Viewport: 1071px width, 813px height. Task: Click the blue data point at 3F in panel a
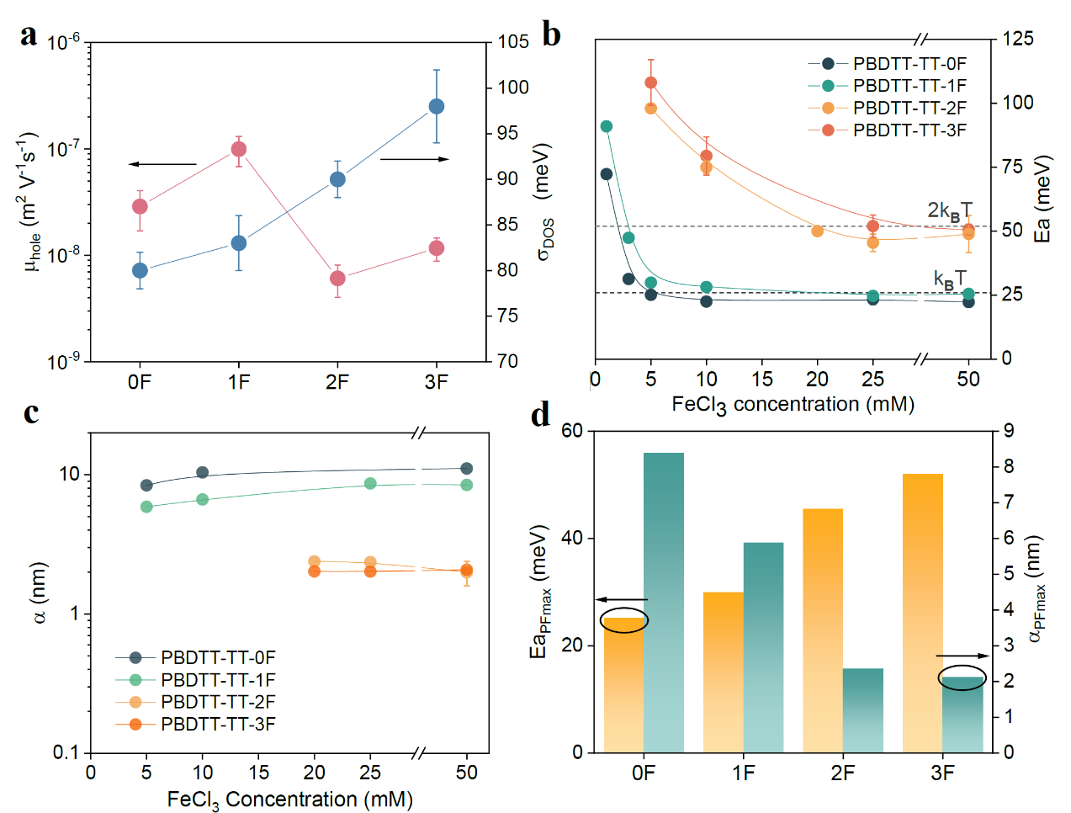coord(436,106)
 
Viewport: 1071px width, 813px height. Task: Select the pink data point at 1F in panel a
coord(239,149)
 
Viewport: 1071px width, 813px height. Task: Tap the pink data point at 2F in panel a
coord(337,279)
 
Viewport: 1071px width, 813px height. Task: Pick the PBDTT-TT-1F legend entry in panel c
coord(195,680)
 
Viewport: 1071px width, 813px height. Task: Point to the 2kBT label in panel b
coord(949,210)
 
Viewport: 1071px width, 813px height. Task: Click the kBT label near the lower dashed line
coord(949,279)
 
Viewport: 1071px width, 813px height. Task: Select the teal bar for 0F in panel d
coord(664,602)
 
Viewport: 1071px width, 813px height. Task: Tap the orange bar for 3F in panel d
coord(922,613)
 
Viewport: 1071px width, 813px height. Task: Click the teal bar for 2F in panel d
coord(863,710)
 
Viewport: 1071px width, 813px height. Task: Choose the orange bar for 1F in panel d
coord(724,672)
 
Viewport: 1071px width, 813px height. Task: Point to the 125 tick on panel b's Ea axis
coord(1018,39)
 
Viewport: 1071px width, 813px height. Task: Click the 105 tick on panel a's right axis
coord(513,42)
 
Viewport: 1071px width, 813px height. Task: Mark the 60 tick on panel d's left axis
coord(572,431)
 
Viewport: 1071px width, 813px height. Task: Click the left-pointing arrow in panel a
coord(162,164)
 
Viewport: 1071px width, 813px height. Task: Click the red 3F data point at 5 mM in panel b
coord(650,82)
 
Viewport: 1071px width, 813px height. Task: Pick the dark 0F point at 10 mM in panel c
coord(202,473)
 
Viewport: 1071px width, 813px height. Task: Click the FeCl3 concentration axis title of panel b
coord(793,405)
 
